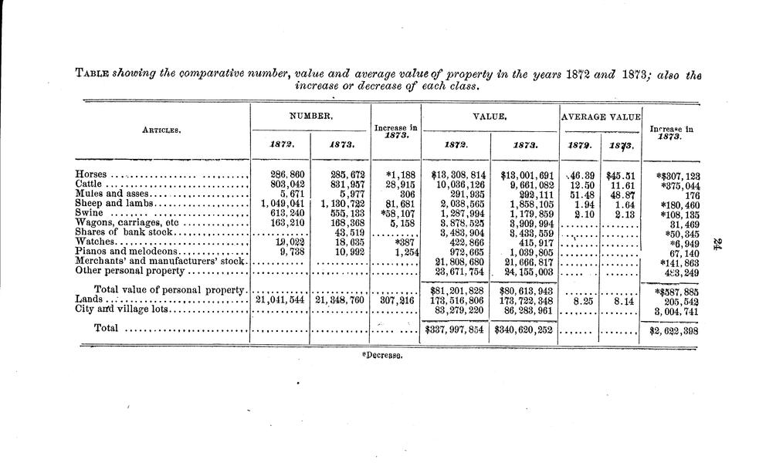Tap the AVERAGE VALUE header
click(601, 117)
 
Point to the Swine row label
click(90, 213)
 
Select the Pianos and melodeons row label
click(127, 252)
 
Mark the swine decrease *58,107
click(395, 213)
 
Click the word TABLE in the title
click(92, 75)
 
